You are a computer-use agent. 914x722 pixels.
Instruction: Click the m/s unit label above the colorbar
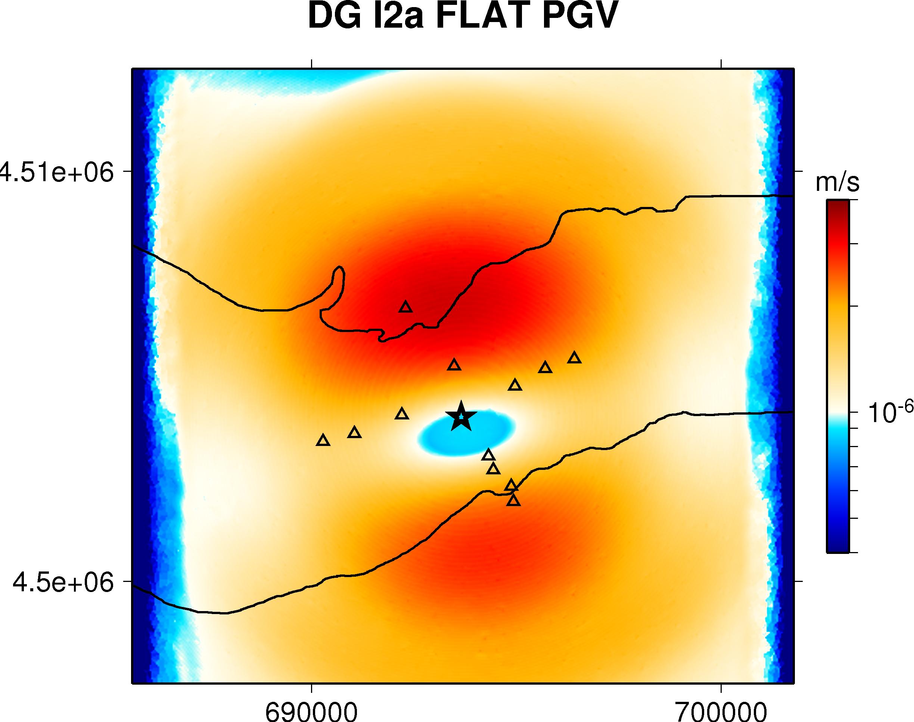click(837, 183)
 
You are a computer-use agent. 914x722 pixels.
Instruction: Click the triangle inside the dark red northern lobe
click(405, 307)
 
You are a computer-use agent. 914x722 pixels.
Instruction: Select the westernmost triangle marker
click(323, 440)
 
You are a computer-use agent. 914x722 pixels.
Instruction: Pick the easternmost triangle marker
click(574, 357)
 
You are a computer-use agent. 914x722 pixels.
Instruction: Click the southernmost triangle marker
click(513, 501)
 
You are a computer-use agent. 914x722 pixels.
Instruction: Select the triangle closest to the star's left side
click(402, 414)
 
